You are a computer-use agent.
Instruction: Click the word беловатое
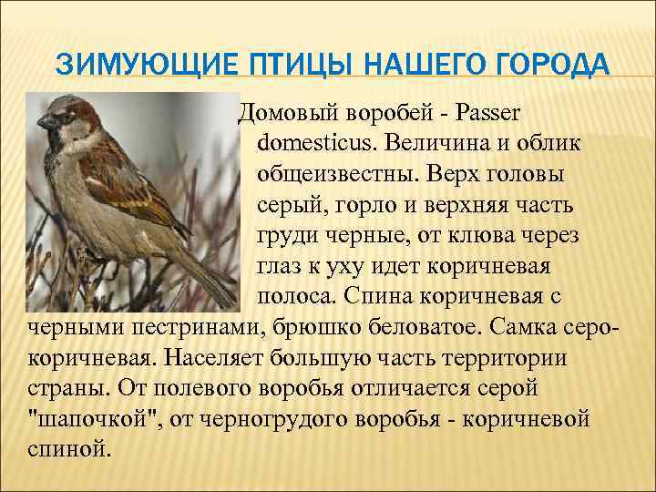(444, 328)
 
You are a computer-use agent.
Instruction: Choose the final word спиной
(63, 449)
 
